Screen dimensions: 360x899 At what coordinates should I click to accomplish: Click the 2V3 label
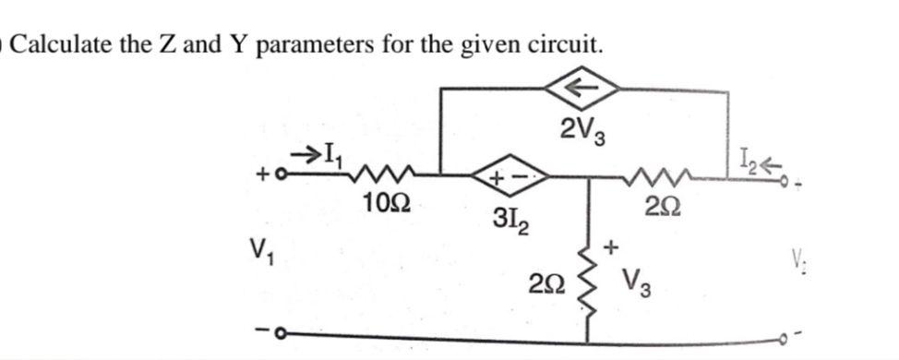pyautogui.click(x=583, y=135)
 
